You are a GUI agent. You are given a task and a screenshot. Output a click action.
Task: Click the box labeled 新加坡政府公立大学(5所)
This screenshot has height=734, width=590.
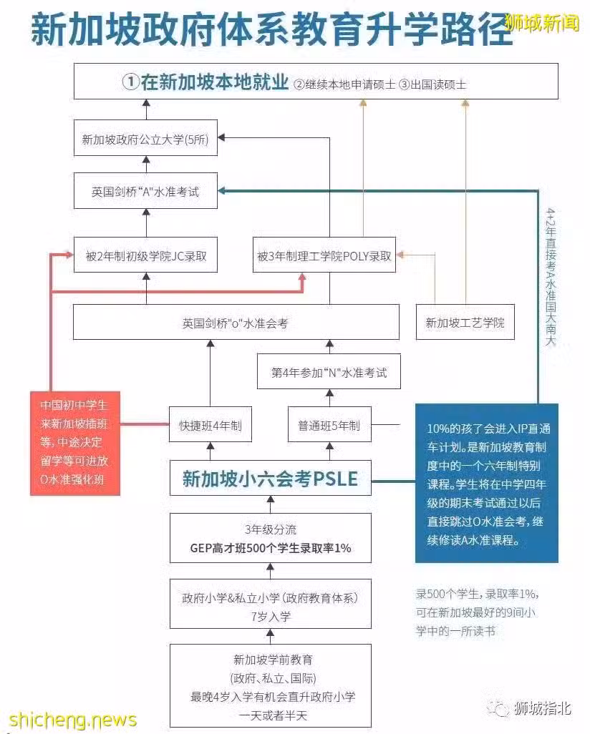click(x=146, y=139)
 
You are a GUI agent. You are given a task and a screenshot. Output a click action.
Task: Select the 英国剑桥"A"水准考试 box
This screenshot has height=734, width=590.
click(x=146, y=191)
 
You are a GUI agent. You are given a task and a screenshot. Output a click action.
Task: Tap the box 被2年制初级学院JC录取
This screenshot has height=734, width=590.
click(x=146, y=255)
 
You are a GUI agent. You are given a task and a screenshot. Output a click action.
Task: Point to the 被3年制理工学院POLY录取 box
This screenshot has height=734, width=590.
click(x=324, y=255)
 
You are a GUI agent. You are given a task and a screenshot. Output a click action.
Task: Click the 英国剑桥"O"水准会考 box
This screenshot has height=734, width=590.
click(x=236, y=323)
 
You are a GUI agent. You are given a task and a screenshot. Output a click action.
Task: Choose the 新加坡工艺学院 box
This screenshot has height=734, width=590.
click(x=465, y=323)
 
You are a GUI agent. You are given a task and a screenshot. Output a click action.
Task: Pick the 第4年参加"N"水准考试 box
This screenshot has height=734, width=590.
click(x=329, y=372)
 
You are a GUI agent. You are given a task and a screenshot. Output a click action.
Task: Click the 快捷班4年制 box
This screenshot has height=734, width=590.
click(x=211, y=424)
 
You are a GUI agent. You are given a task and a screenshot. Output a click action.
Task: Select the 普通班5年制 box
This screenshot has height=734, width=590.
click(x=329, y=424)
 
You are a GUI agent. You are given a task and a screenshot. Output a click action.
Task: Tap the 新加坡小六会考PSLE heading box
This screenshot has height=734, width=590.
click(x=271, y=479)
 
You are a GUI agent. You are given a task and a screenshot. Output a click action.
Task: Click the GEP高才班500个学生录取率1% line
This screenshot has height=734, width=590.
click(x=271, y=548)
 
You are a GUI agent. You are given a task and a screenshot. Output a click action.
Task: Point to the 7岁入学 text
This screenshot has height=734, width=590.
click(x=271, y=617)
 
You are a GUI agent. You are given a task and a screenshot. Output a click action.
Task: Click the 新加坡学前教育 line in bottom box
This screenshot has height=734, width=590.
click(x=273, y=660)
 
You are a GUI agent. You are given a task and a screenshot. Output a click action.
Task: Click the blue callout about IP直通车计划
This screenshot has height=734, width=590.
click(x=487, y=483)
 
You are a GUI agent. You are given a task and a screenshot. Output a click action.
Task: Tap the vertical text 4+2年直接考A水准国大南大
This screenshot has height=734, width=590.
click(x=551, y=277)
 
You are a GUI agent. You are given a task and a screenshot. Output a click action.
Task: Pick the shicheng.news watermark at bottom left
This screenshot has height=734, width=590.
click(x=73, y=720)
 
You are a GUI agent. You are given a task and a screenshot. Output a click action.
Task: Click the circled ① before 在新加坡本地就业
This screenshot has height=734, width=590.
click(x=131, y=82)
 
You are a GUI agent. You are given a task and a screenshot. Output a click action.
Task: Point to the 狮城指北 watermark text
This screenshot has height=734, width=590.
click(x=543, y=708)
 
